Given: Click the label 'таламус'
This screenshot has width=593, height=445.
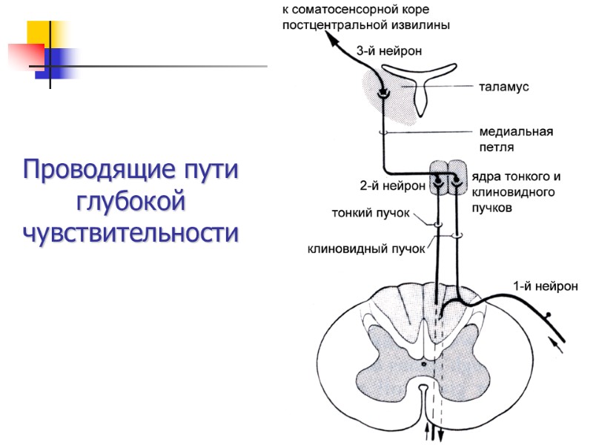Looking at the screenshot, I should [x=503, y=87].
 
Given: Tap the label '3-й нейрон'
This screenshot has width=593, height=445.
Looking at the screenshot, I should [x=389, y=52].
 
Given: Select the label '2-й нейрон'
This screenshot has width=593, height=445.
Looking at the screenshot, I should [x=392, y=185].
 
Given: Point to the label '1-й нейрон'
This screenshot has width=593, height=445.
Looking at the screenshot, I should [x=545, y=286].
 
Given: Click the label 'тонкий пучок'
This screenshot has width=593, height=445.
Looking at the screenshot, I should [x=370, y=214].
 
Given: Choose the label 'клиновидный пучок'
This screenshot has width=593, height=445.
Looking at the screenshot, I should [x=366, y=248].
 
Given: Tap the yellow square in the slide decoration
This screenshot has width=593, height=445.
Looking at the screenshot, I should [x=46, y=36].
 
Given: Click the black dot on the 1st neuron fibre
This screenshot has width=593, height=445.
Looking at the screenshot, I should [x=549, y=315].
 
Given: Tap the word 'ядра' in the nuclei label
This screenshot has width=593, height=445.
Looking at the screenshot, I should [x=485, y=177].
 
